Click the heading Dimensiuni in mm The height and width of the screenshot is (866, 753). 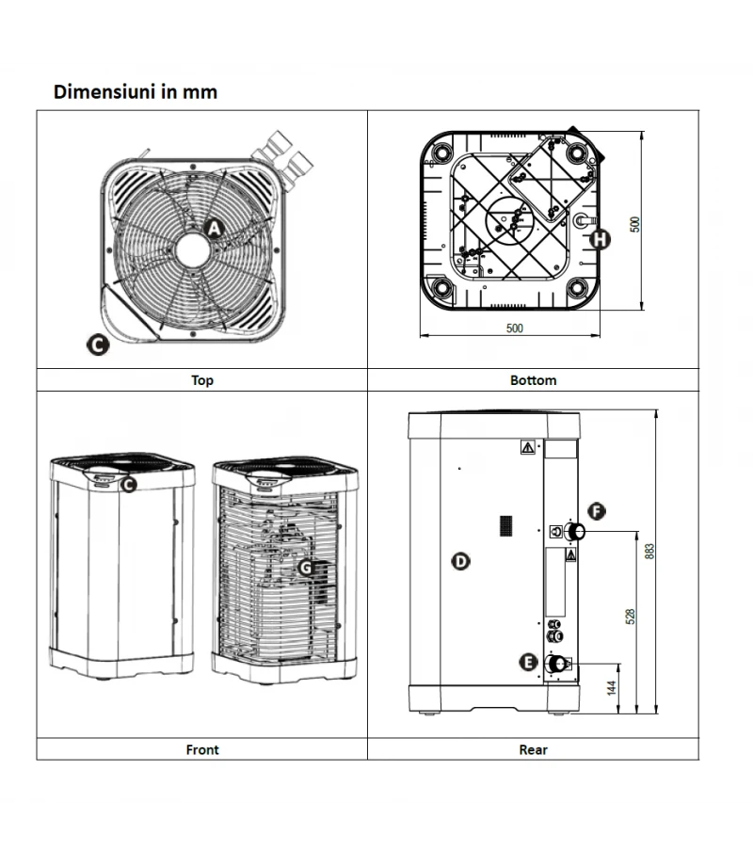click(136, 91)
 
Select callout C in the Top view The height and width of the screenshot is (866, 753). click(96, 345)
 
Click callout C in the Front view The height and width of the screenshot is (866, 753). click(129, 485)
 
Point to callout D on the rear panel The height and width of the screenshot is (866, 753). click(460, 562)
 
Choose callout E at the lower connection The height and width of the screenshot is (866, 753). click(529, 663)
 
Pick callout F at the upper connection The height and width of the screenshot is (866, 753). click(596, 511)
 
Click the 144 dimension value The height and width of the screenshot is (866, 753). click(613, 687)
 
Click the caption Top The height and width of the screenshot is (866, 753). click(202, 380)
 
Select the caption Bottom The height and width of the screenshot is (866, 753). click(533, 380)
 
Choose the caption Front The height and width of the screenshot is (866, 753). click(202, 749)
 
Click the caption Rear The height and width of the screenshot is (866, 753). click(533, 749)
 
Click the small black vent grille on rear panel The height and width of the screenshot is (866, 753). click(505, 523)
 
